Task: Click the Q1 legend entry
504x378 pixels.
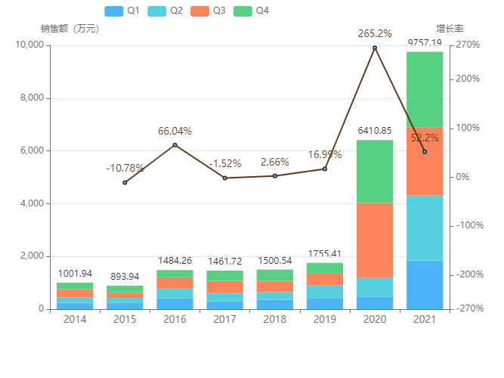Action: click(121, 11)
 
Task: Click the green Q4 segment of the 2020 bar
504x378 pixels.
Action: click(375, 172)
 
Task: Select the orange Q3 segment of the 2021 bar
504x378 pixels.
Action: click(425, 161)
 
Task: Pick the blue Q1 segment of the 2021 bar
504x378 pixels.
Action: click(425, 284)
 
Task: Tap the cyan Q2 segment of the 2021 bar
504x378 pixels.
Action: click(425, 228)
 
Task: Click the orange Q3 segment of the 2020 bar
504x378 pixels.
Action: click(375, 240)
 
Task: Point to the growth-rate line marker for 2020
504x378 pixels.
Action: click(375, 48)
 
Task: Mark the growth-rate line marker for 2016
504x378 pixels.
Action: click(175, 145)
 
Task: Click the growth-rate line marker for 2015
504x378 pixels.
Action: click(125, 182)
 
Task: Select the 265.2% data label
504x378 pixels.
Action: click(375, 33)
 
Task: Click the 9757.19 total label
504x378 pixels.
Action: click(425, 43)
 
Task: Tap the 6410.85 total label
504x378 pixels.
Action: click(375, 131)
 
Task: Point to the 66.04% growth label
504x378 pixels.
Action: click(175, 131)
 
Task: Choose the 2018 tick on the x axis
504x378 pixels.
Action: click(275, 320)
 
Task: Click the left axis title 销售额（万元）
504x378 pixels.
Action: click(70, 29)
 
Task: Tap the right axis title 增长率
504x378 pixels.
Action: click(450, 29)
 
